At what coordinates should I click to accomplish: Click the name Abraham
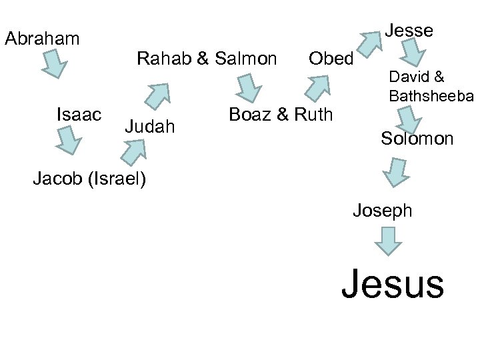(42, 39)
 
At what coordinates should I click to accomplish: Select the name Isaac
(79, 114)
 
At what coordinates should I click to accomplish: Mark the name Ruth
(313, 114)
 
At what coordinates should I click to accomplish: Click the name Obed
(331, 59)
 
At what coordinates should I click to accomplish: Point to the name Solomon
(417, 139)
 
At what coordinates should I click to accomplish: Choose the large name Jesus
(392, 283)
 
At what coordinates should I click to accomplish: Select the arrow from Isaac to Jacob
(67, 140)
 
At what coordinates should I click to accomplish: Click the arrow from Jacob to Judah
(133, 152)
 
